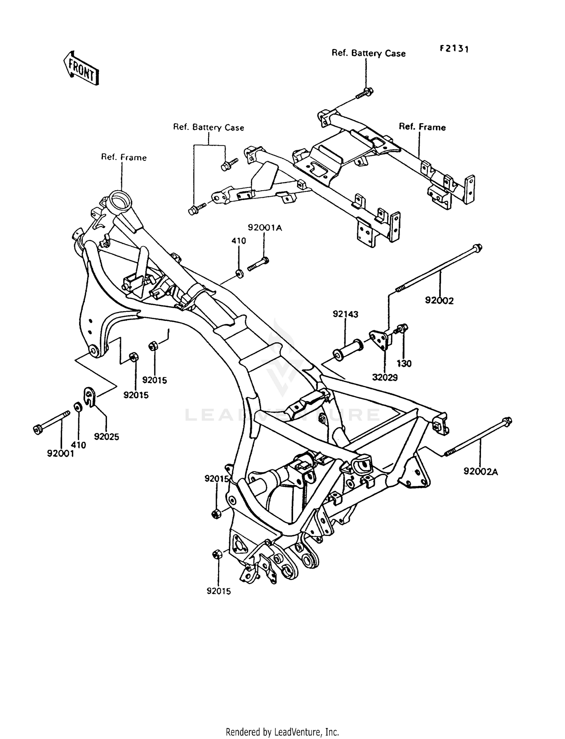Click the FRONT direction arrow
click(81, 68)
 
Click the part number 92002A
click(481, 471)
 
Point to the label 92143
click(345, 314)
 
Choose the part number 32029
click(385, 377)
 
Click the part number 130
click(404, 363)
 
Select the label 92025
click(107, 437)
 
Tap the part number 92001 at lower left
click(60, 454)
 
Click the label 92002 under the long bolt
click(439, 301)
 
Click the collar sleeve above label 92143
click(347, 349)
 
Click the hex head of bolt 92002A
click(507, 421)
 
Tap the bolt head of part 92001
click(38, 430)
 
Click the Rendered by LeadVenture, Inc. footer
click(282, 732)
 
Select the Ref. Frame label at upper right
click(422, 127)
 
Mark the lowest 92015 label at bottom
click(218, 591)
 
